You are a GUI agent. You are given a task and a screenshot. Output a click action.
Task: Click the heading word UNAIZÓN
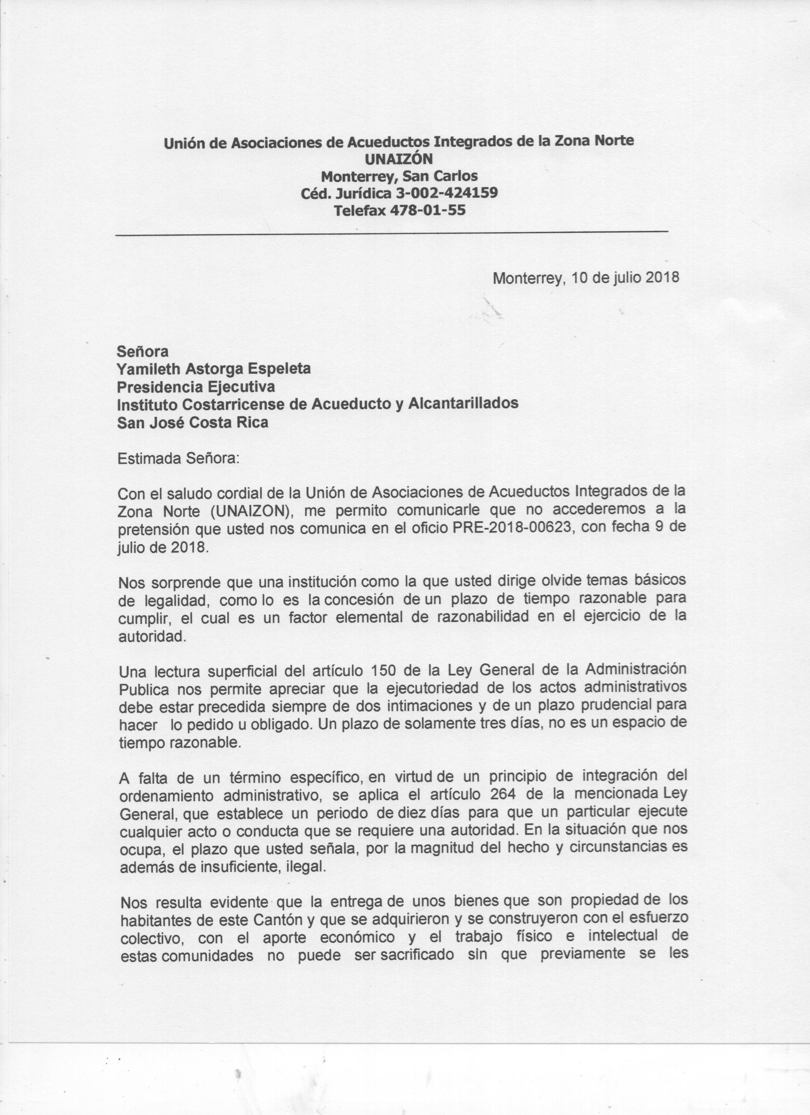pos(399,158)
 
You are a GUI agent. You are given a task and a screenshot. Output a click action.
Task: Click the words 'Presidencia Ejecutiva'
pos(196,387)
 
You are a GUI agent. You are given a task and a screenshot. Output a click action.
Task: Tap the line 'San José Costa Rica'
pos(193,422)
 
